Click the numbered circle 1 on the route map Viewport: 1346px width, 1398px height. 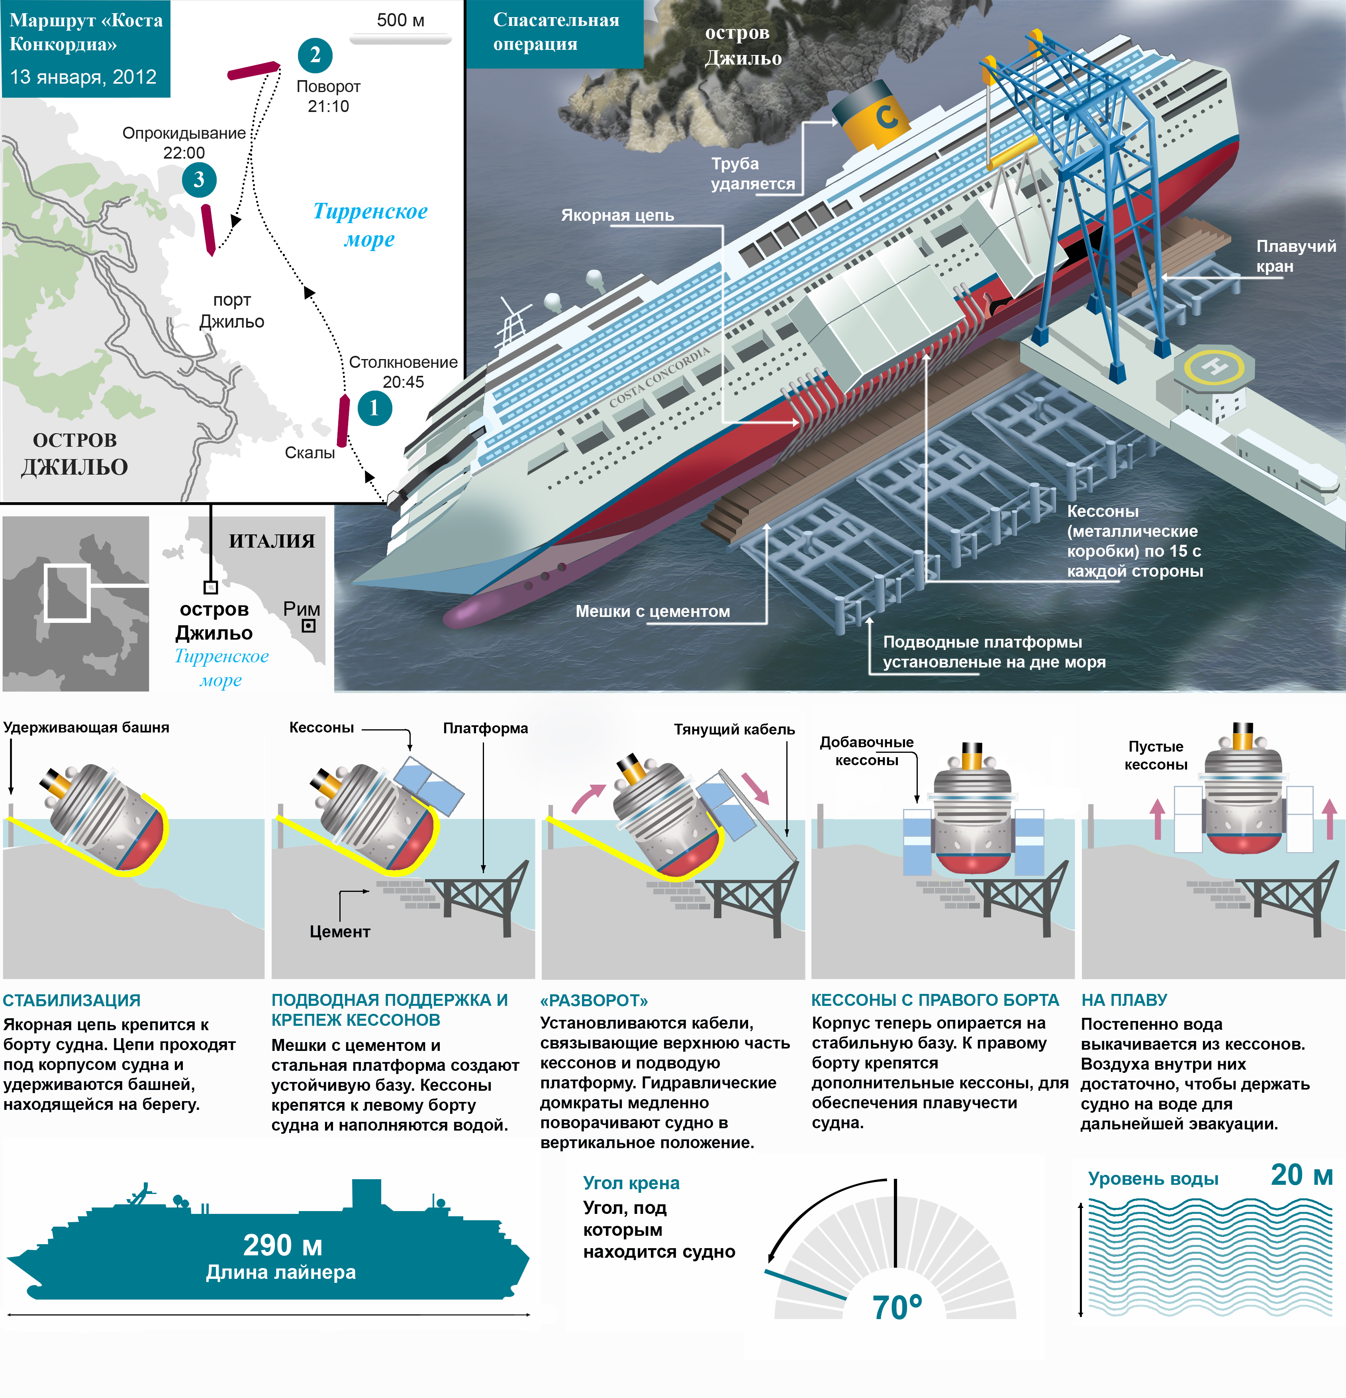pos(374,408)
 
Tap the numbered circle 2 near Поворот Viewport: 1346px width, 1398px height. pos(315,55)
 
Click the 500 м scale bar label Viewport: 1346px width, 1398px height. pos(401,20)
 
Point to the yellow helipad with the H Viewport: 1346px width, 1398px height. pos(1214,367)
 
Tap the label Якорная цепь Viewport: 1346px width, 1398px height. pos(617,215)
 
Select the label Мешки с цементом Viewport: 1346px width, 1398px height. pos(652,611)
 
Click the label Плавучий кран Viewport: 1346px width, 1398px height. pos(1295,256)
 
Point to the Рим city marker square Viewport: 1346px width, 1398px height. pos(309,626)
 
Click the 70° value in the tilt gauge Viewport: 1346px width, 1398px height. pos(897,1308)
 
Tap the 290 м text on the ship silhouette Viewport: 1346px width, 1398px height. pos(282,1245)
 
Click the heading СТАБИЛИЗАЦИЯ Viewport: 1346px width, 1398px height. pos(72,1000)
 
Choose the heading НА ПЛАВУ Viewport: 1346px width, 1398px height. pos(1124,1000)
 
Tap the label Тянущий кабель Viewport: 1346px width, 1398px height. pos(734,729)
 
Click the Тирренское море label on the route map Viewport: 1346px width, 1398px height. pos(370,225)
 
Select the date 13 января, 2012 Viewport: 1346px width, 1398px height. pos(83,77)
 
